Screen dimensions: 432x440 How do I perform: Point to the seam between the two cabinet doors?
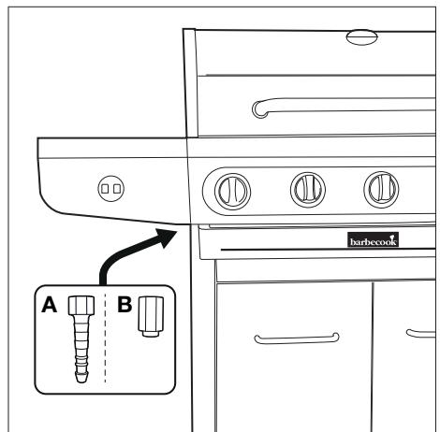pos(373,355)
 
